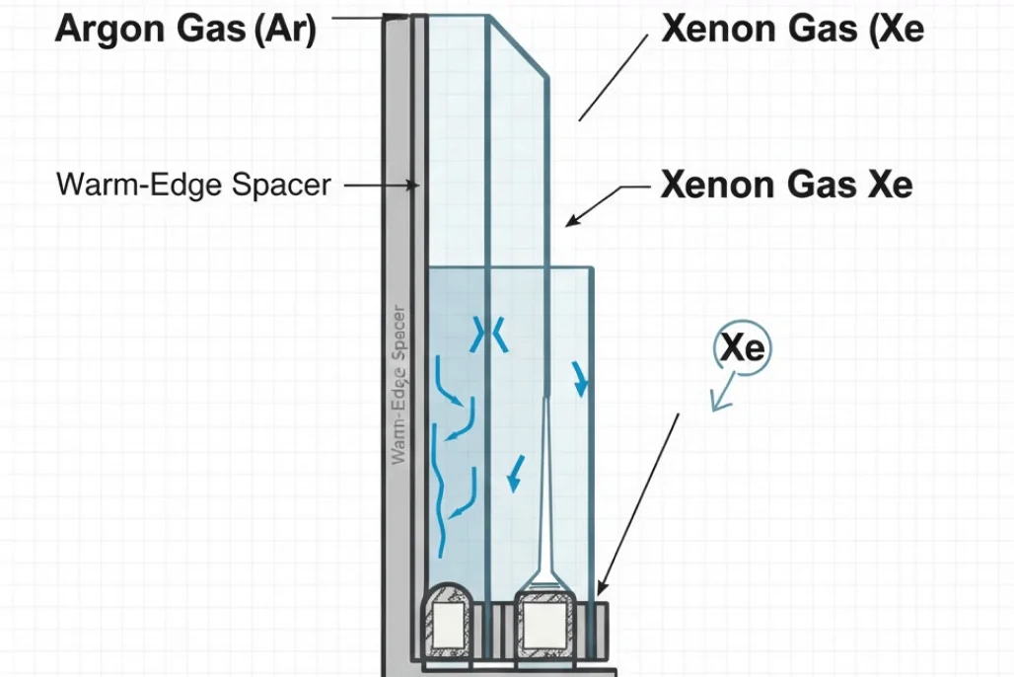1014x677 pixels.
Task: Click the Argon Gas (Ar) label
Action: click(x=185, y=30)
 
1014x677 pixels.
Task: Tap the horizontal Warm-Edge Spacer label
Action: click(x=193, y=185)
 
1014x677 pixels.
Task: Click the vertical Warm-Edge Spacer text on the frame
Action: click(x=399, y=385)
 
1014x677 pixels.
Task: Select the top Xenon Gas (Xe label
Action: click(x=792, y=29)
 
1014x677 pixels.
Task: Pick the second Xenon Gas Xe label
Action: click(x=786, y=185)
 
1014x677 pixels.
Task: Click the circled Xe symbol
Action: click(x=743, y=348)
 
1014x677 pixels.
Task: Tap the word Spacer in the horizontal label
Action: click(x=281, y=185)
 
